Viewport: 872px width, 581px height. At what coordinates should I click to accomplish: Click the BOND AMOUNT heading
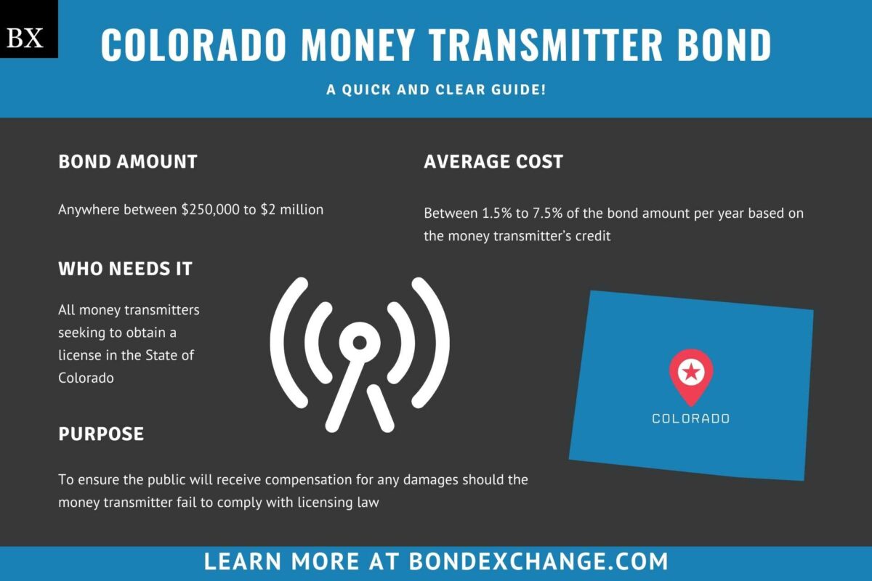(128, 161)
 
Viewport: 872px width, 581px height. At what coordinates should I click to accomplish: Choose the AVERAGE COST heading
(493, 161)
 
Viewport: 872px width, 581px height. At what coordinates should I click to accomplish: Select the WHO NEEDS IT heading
(126, 269)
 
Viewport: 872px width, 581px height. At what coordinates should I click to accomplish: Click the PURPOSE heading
(101, 434)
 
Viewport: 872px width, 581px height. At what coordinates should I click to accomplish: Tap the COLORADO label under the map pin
(690, 418)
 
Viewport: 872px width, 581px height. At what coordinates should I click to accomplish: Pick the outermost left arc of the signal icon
(283, 341)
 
